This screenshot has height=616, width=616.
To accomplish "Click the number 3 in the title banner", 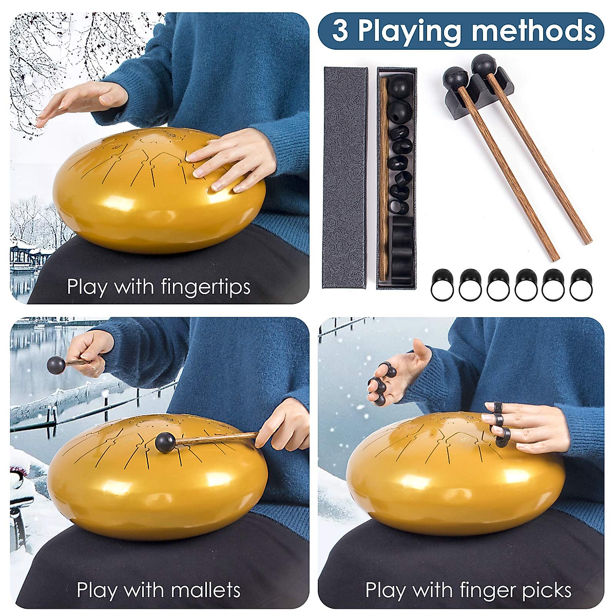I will tap(339, 31).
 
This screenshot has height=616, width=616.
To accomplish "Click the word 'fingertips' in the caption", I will tap(205, 286).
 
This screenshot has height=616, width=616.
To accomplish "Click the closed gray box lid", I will tap(345, 177).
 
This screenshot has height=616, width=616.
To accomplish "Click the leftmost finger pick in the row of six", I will tap(441, 284).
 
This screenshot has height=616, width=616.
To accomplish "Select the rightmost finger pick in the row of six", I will tap(581, 284).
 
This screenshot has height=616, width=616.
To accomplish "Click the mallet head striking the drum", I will tap(165, 442).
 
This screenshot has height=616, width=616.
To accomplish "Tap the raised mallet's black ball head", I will tap(56, 365).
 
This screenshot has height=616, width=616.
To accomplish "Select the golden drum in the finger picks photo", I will tap(452, 477).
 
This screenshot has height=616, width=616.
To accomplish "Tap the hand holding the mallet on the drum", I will tap(285, 426).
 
